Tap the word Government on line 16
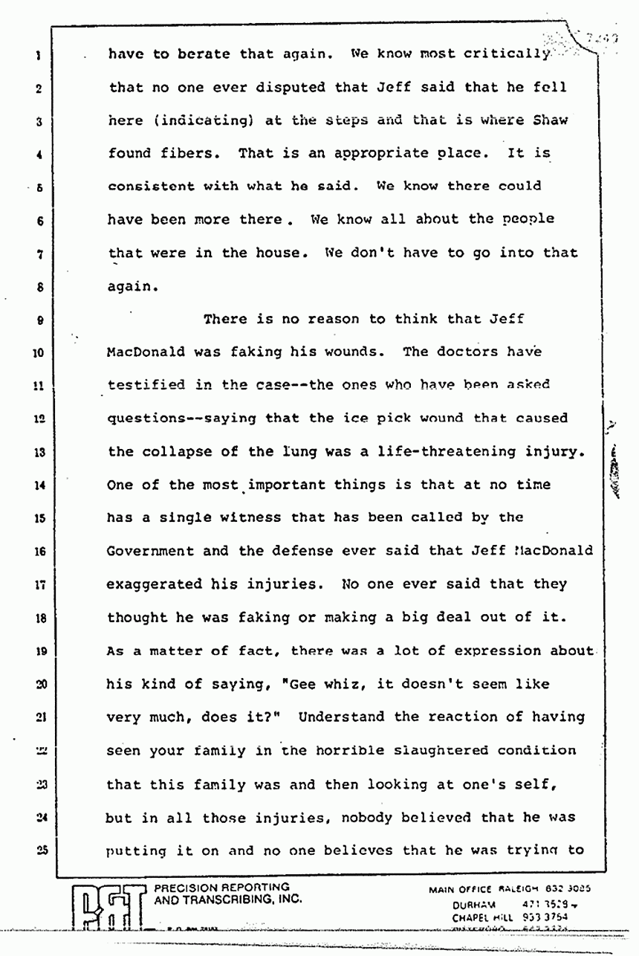coord(151,551)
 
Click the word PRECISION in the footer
coord(186,888)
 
